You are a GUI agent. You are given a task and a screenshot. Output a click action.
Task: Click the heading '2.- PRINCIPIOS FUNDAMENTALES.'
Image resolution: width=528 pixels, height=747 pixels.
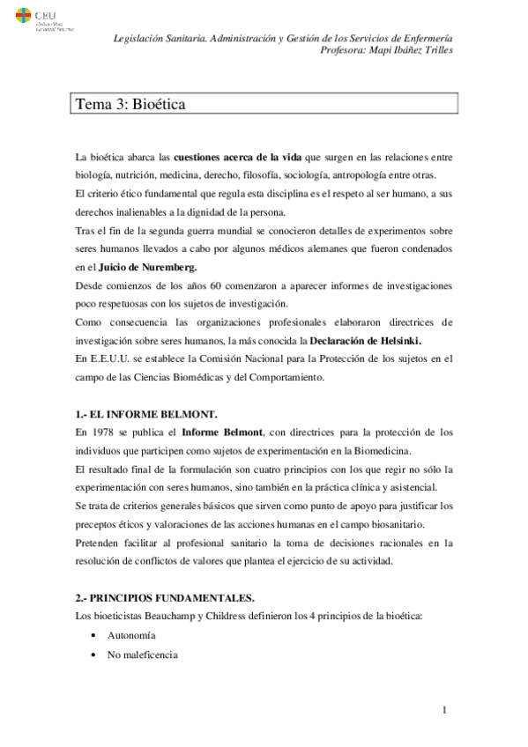pos(154,595)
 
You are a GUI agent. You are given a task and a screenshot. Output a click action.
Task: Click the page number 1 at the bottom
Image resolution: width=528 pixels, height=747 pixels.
pos(446,710)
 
